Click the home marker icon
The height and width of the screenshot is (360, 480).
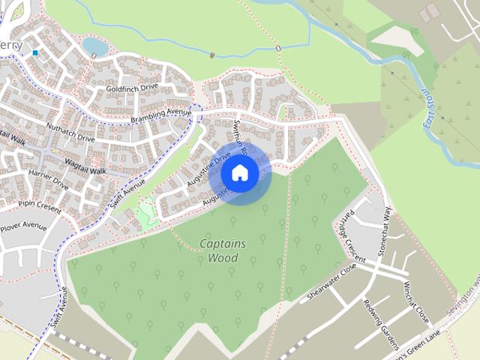(x=239, y=172)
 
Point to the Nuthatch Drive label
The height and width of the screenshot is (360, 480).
(x=70, y=133)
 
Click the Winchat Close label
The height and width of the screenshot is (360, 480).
(x=416, y=301)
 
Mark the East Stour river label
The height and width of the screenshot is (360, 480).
(x=433, y=109)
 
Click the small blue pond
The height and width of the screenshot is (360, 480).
(x=94, y=46)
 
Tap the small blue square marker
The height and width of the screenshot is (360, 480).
(x=35, y=53)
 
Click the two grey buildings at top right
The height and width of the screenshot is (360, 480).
(x=430, y=12)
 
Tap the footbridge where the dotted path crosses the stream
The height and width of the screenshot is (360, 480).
(x=278, y=49)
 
